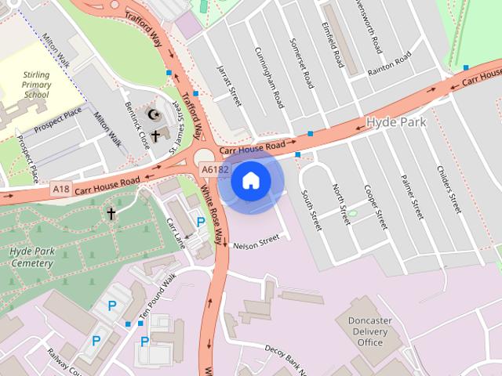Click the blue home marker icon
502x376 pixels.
pos(250,181)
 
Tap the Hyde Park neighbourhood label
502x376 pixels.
pos(397,123)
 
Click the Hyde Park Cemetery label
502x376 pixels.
pos(32,257)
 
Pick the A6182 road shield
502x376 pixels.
pos(214,168)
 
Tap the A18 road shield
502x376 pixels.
pos(61,189)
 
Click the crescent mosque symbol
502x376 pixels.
pos(154,115)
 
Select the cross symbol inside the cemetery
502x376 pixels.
pos(111,212)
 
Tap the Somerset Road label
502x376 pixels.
pos(302,63)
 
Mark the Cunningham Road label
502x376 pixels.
pos(269,75)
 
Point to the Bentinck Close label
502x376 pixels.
pos(136,124)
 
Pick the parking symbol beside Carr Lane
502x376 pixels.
pos(201,222)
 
